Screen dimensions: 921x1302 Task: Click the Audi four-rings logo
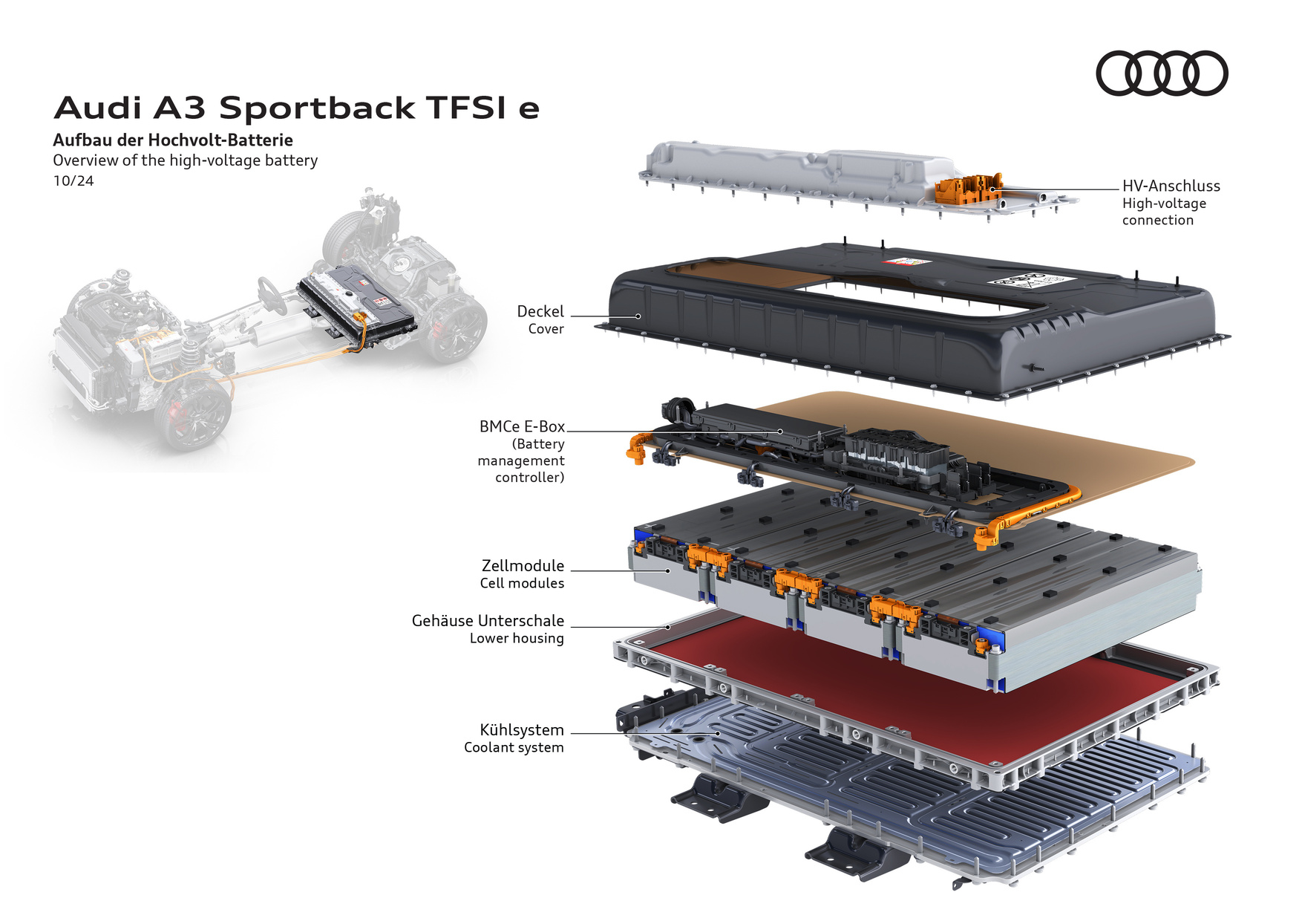coord(1162,73)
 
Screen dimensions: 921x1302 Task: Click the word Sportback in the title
coord(317,108)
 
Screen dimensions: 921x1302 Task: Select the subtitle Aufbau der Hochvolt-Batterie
coord(173,140)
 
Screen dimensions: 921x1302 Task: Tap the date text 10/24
coord(73,181)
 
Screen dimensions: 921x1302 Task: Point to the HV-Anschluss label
coord(1171,186)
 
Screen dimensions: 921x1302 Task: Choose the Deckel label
coord(540,312)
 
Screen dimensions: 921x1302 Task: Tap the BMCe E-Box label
coord(522,427)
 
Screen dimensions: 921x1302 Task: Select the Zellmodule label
coord(523,566)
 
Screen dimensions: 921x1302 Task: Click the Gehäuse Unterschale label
coord(488,621)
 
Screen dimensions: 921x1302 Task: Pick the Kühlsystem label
coord(521,730)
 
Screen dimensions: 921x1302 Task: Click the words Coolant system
coord(514,748)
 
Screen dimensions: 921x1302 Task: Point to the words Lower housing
coord(517,639)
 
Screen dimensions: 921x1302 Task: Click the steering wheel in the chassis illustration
coord(272,296)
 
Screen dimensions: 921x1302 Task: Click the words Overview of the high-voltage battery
coord(185,160)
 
